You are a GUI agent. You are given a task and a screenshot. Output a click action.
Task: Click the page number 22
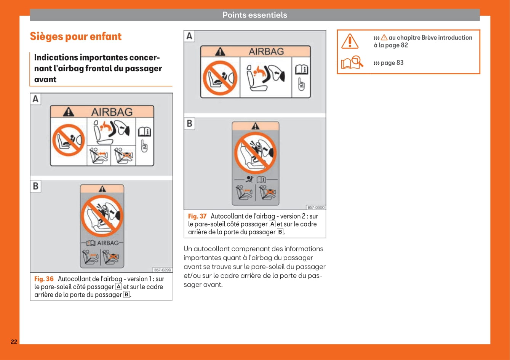14,342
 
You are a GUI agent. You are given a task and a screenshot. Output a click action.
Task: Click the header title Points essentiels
254,15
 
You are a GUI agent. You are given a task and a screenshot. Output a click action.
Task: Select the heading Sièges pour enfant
75,37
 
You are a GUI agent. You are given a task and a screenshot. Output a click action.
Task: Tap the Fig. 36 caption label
44,279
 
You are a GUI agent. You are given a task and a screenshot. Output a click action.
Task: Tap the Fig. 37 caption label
197,216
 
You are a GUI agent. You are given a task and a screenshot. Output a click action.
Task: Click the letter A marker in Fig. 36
35,99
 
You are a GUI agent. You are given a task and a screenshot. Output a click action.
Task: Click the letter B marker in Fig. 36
35,186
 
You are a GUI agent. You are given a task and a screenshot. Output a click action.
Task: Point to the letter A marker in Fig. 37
189,36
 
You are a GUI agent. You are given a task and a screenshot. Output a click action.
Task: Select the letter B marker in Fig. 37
189,124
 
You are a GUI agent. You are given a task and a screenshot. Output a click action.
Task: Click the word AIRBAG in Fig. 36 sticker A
112,112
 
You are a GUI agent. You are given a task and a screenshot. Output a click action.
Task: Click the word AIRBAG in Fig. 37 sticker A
266,51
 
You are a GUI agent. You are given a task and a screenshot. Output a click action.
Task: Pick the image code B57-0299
162,270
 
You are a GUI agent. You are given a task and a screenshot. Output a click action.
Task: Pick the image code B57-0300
316,207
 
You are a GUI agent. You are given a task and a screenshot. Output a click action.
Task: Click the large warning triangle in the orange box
350,41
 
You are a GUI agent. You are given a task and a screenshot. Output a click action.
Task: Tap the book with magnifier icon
352,62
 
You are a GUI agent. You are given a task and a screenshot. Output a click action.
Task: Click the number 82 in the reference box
404,45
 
